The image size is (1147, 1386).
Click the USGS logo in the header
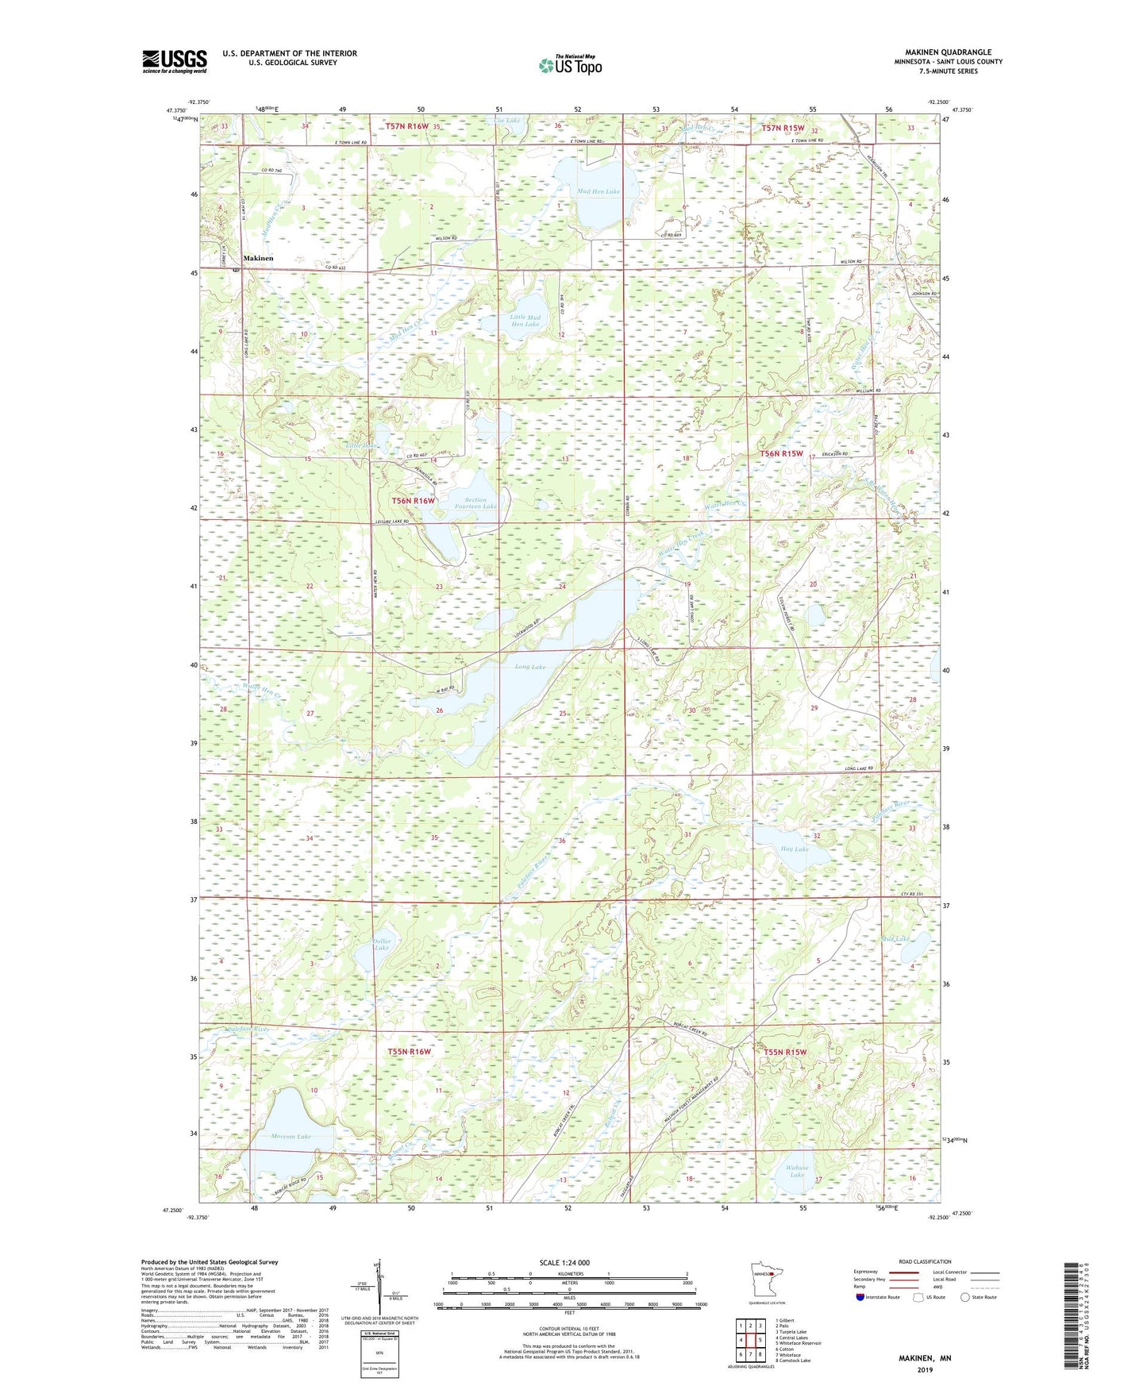click(x=175, y=61)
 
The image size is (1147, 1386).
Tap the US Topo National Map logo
click(x=570, y=65)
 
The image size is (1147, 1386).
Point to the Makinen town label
click(x=259, y=258)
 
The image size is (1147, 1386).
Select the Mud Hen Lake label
click(x=598, y=191)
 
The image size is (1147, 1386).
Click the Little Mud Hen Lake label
click(x=525, y=321)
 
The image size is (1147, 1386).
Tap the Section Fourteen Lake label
click(x=475, y=503)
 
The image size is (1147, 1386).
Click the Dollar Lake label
click(x=383, y=945)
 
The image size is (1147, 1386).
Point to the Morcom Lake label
click(x=291, y=1136)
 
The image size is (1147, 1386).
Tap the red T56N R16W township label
click(x=413, y=501)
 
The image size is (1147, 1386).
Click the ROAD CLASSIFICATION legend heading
click(x=924, y=1261)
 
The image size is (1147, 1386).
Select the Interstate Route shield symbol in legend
click(x=861, y=1298)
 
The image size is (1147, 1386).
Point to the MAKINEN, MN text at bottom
click(x=924, y=1357)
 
